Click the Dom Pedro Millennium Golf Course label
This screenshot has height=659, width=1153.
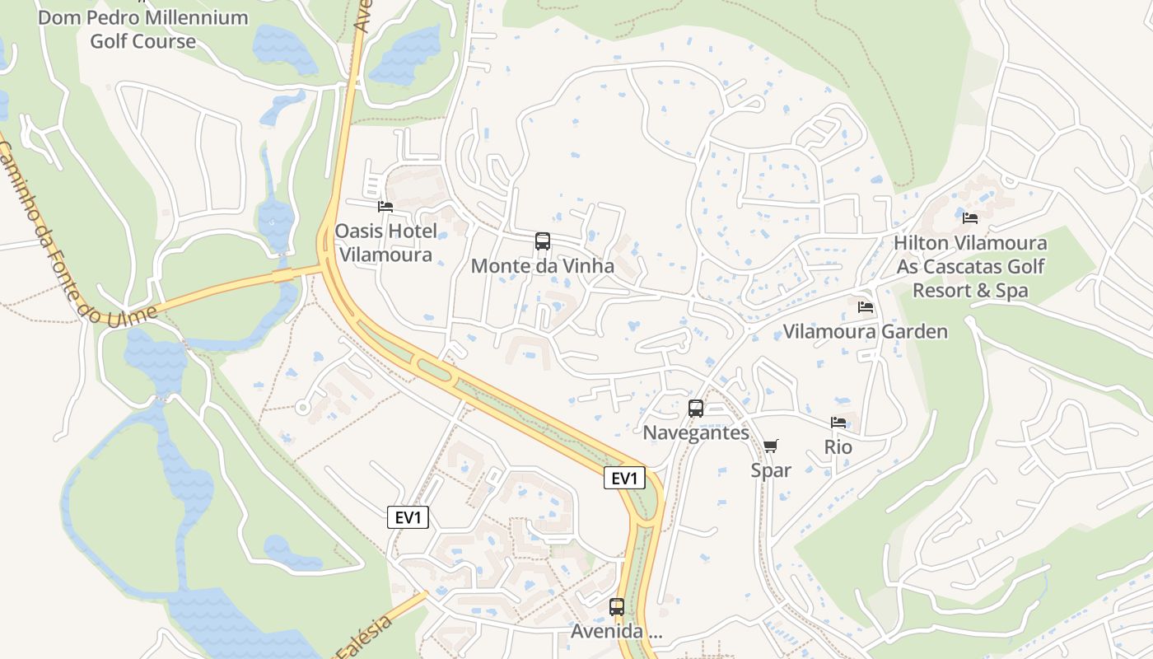coord(143,29)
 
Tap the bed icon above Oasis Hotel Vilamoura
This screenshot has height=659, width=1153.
coord(385,207)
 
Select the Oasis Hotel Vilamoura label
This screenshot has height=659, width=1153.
coord(385,243)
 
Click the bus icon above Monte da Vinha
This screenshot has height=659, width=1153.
coord(543,241)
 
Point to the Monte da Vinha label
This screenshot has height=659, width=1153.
coord(543,266)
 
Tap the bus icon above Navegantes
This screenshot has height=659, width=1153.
coord(696,408)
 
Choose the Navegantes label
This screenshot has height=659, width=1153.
coord(696,432)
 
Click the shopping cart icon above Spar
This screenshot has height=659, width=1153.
coord(771,446)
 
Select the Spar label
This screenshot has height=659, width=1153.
coord(771,470)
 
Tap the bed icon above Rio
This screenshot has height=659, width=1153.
coord(838,423)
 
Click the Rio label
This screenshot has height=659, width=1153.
coord(838,447)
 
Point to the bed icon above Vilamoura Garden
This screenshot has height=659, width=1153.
coord(866,307)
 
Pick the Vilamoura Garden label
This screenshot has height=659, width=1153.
coord(866,332)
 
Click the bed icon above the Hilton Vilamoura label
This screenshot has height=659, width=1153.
coord(970,218)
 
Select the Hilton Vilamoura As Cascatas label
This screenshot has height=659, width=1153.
coord(970,267)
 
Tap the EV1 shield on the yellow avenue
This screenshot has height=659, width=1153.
coord(624,478)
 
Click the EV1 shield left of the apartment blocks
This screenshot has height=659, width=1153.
coord(408,517)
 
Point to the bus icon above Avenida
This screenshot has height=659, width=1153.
coord(617,607)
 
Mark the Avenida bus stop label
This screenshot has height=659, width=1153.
coord(617,632)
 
